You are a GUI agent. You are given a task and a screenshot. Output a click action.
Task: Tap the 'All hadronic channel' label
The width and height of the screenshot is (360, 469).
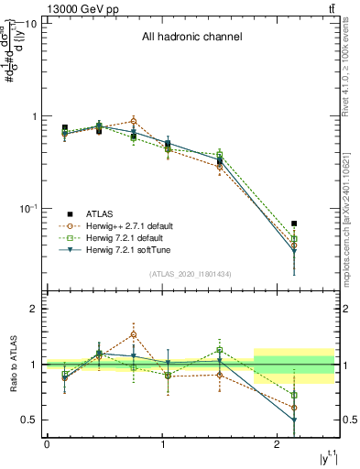(191, 38)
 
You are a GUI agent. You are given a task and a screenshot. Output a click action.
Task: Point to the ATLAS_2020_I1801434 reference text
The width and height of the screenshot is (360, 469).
(191, 273)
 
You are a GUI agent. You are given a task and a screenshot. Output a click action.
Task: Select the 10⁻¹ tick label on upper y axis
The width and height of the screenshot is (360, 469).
(27, 208)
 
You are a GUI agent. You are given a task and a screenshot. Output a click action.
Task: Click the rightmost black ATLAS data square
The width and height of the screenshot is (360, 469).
(294, 224)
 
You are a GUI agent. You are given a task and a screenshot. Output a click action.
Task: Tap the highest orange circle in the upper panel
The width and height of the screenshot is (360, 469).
(134, 121)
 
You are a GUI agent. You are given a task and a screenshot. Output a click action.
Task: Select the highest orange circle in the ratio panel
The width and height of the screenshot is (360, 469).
(134, 334)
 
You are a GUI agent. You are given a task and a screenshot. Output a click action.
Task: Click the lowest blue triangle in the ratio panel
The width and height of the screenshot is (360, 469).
(294, 420)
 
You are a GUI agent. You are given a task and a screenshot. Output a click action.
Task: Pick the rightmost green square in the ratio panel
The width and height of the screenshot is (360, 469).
(294, 395)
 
